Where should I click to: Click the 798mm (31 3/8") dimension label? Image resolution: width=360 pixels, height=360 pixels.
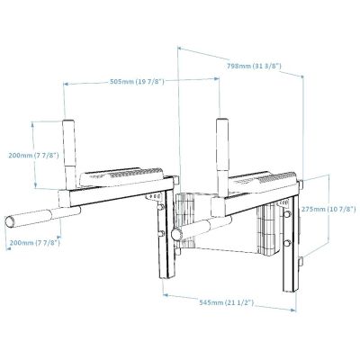(254, 66)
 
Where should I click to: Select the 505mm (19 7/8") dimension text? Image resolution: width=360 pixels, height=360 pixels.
(137, 81)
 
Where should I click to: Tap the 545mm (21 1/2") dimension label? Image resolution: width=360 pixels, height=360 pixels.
(227, 302)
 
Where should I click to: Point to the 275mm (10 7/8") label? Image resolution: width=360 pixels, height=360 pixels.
(328, 209)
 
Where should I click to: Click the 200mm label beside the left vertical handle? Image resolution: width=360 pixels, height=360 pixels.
(33, 156)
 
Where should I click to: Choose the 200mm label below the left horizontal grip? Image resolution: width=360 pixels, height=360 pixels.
(35, 242)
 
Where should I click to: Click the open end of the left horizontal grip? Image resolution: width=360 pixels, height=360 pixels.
(10, 221)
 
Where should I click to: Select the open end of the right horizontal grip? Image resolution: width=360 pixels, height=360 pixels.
(176, 234)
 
